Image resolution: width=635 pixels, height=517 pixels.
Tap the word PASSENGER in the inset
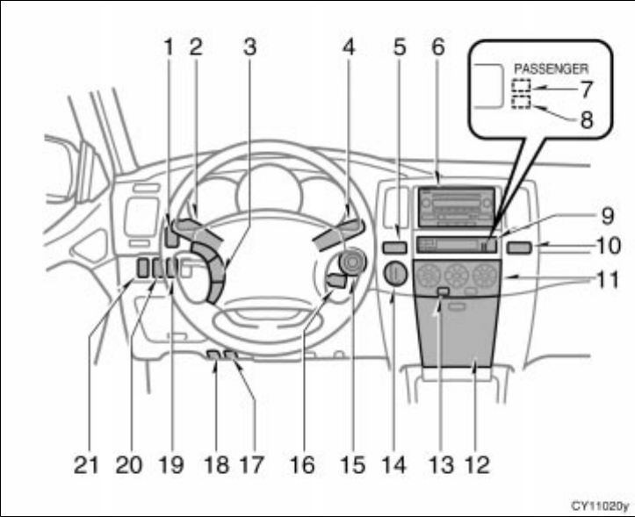(x=551, y=67)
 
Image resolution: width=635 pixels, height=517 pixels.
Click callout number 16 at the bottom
(x=301, y=464)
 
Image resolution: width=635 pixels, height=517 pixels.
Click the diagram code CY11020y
(x=600, y=506)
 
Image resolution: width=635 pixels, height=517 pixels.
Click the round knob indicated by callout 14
(x=393, y=276)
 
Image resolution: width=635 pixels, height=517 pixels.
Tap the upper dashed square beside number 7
(x=523, y=86)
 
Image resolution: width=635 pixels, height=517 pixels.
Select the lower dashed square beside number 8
(x=523, y=104)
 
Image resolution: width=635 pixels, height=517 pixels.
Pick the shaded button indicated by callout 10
(x=519, y=247)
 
